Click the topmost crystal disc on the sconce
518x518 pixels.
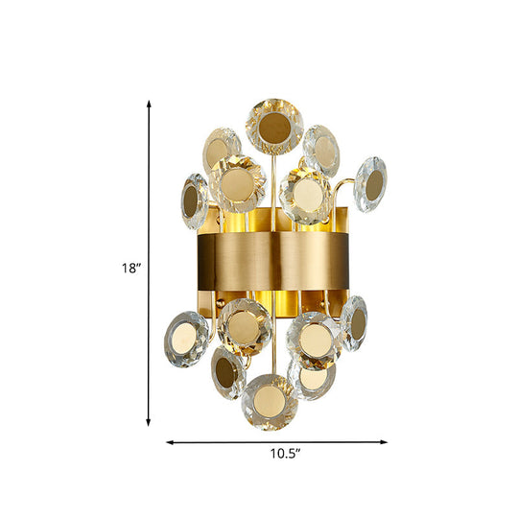[274, 127]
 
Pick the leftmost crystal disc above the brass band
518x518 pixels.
[194, 199]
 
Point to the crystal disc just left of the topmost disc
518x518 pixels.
[222, 149]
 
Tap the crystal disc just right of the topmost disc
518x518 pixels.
[321, 149]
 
